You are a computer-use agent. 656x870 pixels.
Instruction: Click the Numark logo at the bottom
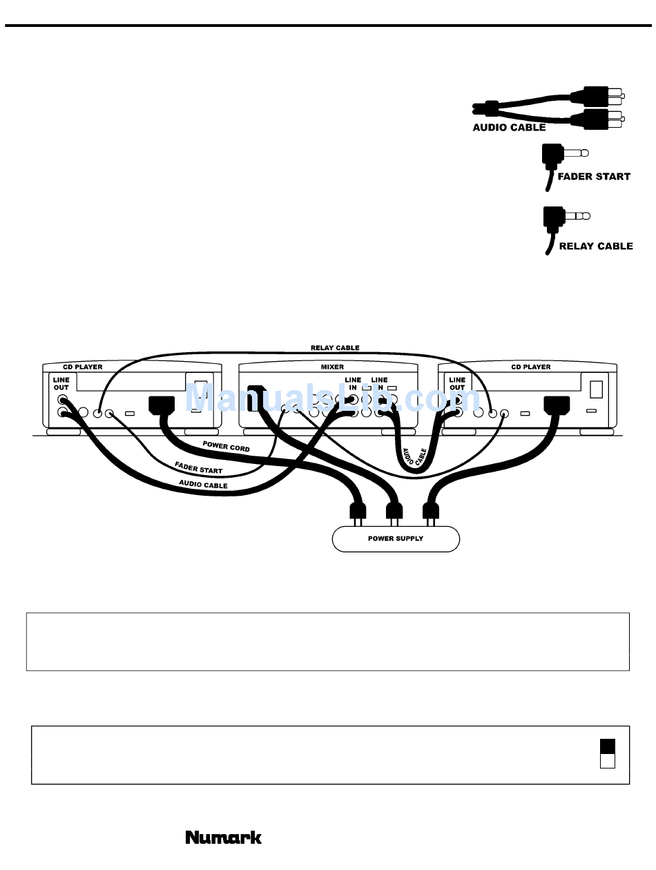click(224, 838)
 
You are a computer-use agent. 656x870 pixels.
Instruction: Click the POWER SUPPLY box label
click(396, 539)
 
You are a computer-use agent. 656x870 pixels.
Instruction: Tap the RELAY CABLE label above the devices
click(335, 348)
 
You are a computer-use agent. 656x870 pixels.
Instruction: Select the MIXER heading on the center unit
click(332, 367)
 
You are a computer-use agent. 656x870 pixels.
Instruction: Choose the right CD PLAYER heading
click(531, 367)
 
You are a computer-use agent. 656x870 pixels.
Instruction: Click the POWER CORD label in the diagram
click(227, 447)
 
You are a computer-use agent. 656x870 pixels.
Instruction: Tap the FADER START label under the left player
click(199, 470)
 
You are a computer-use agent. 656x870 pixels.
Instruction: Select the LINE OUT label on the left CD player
click(61, 384)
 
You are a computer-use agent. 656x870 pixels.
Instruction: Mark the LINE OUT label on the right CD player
click(457, 384)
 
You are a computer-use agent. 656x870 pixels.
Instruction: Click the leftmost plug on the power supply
click(357, 511)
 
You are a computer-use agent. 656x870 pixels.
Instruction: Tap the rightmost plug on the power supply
click(432, 511)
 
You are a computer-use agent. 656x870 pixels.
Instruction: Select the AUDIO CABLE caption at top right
click(509, 128)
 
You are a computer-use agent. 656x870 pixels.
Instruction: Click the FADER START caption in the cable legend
click(594, 177)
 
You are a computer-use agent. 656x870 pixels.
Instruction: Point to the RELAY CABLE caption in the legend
click(596, 246)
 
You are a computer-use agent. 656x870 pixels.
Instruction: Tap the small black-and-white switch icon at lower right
click(608, 753)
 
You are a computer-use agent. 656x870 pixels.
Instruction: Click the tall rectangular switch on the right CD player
click(597, 389)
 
